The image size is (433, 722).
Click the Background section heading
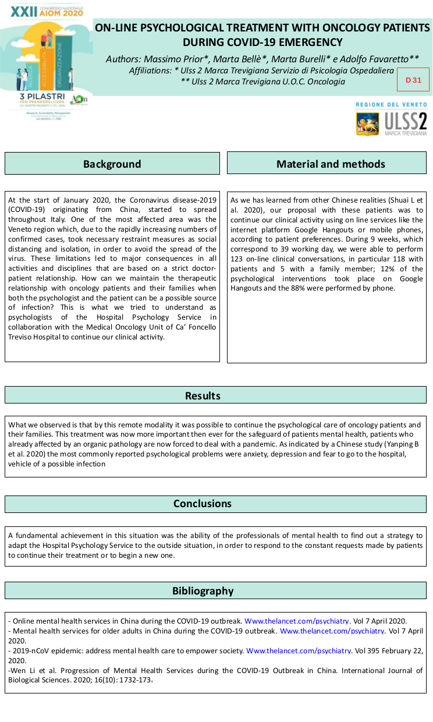[112, 164]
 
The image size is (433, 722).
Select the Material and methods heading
[331, 164]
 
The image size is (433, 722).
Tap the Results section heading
[203, 396]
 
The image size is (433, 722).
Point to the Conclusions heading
[203, 504]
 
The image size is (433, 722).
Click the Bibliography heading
[203, 591]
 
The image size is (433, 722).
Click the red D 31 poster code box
[413, 80]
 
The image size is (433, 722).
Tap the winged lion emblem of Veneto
[368, 123]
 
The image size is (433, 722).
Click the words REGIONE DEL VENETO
[391, 105]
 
